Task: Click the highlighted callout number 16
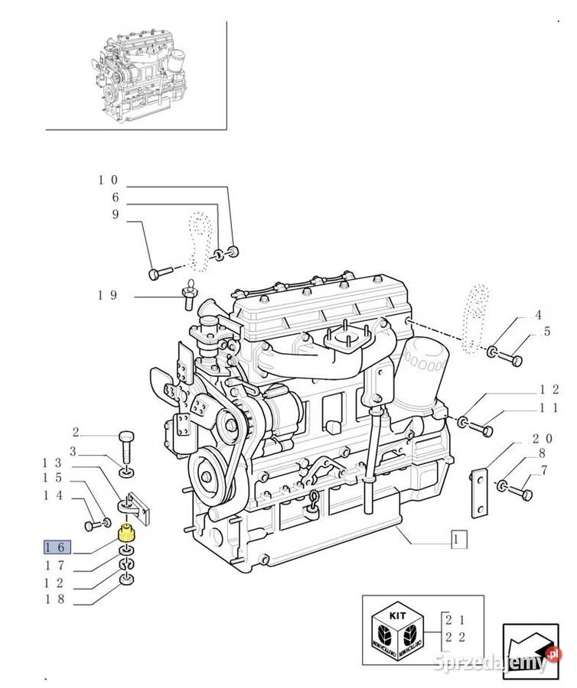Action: point(57,547)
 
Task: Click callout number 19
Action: point(107,294)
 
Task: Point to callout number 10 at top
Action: point(107,180)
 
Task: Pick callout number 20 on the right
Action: point(542,440)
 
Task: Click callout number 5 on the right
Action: point(547,332)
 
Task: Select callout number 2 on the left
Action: point(76,432)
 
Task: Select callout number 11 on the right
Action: point(548,408)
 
